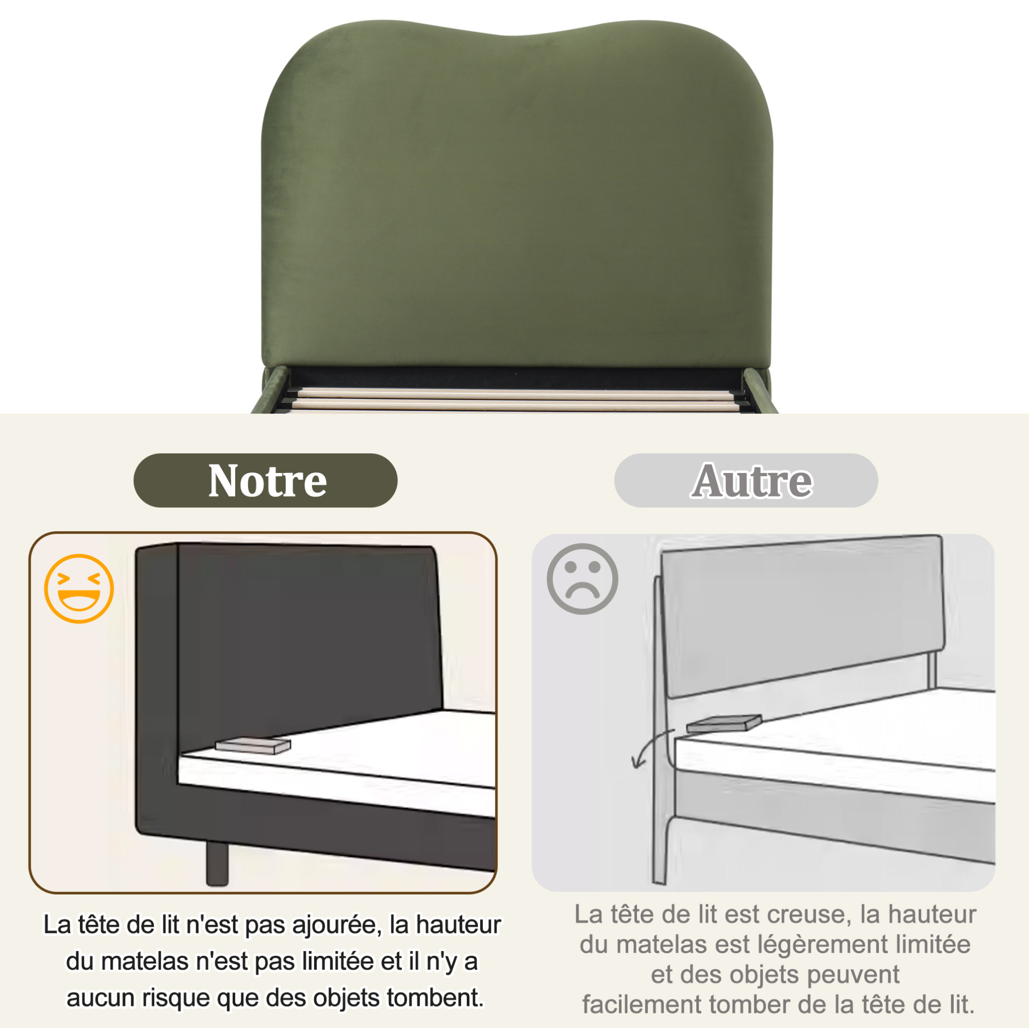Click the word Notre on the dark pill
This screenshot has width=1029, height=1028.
click(267, 480)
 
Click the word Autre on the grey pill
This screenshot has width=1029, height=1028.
click(752, 480)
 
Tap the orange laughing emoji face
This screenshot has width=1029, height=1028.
click(79, 589)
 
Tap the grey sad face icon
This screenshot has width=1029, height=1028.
click(582, 578)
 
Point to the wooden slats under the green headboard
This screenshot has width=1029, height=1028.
click(514, 398)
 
